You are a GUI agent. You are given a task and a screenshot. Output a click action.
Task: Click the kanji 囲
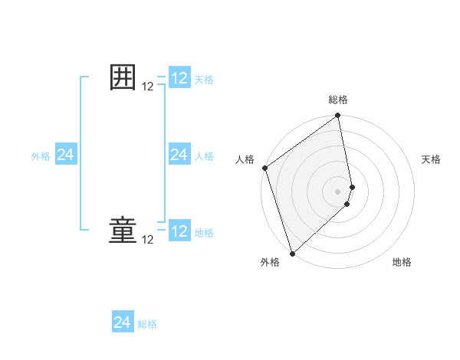click(123, 78)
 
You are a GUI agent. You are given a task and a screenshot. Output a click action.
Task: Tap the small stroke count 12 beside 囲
click(148, 87)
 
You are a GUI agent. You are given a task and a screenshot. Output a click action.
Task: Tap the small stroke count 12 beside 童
click(148, 240)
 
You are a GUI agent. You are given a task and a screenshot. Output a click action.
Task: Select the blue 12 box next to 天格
click(179, 78)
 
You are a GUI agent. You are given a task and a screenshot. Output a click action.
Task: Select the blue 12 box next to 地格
click(179, 231)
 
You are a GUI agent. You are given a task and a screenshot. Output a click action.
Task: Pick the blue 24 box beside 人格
click(179, 155)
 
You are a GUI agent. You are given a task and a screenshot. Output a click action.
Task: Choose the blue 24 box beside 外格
click(66, 155)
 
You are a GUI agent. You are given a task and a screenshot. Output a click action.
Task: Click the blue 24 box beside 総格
click(123, 322)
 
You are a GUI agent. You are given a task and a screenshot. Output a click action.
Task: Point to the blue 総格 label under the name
click(147, 324)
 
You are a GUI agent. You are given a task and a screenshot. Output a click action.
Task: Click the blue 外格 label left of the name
click(41, 156)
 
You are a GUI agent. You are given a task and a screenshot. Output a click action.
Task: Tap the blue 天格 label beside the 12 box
click(204, 80)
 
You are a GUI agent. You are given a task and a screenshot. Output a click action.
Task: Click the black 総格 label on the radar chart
click(338, 100)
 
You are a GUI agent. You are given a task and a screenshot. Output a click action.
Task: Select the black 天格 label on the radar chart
click(432, 159)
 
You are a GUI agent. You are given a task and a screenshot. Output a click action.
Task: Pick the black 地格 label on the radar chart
click(402, 262)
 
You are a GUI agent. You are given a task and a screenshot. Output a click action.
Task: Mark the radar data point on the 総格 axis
click(338, 116)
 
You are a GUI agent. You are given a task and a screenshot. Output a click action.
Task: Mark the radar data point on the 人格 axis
click(264, 168)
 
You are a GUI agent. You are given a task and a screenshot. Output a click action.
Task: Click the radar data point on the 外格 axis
click(292, 253)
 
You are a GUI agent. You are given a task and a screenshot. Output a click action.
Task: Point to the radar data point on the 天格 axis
click(353, 186)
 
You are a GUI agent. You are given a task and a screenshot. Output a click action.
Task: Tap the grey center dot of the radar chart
click(338, 191)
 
